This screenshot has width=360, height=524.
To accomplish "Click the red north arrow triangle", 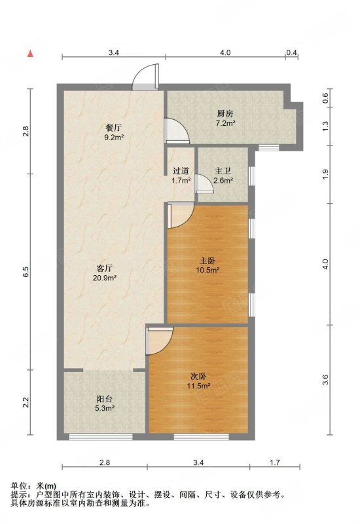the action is pyautogui.click(x=30, y=54).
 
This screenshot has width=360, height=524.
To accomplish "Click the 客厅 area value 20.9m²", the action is pyautogui.click(x=105, y=277).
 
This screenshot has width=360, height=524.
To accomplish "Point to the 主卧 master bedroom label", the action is pyautogui.click(x=207, y=261).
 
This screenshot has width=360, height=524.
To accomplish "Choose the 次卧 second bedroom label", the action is pyautogui.click(x=198, y=376).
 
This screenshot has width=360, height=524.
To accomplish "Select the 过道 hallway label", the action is pyautogui.click(x=181, y=171).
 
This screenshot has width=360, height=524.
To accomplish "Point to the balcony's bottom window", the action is pyautogui.click(x=101, y=437).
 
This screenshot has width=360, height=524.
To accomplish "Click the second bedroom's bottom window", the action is pyautogui.click(x=202, y=437).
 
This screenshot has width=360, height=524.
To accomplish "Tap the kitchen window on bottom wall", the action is pyautogui.click(x=269, y=147).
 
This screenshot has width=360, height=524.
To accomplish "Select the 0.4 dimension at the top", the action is pyautogui.click(x=291, y=52).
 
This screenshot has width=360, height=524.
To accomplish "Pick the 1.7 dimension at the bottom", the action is pyautogui.click(x=274, y=462).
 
